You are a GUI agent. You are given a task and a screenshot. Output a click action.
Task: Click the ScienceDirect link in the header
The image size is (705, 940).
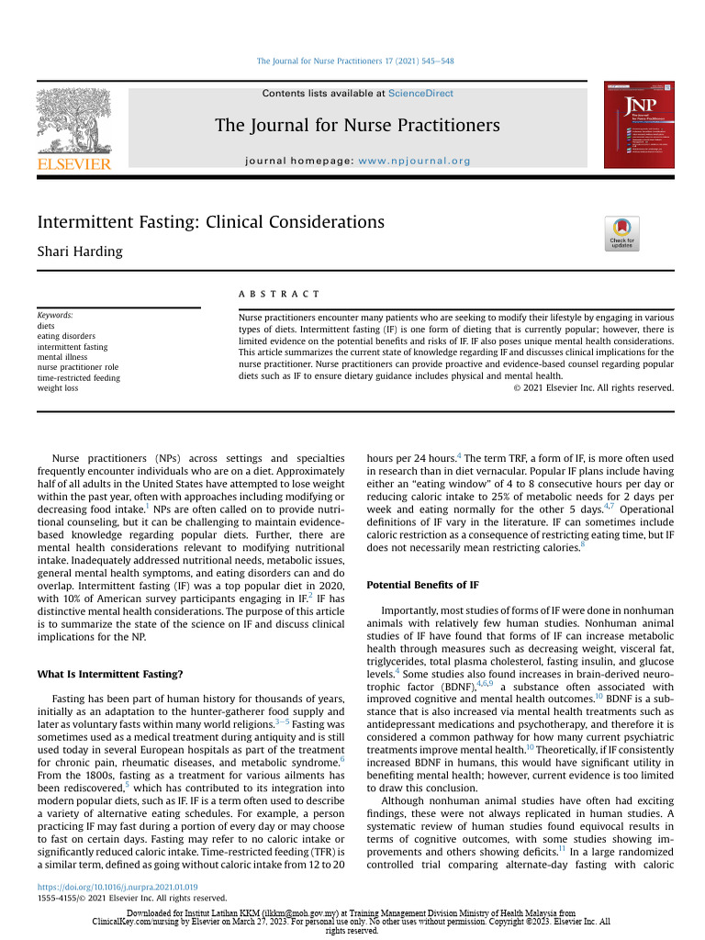pyautogui.click(x=420, y=94)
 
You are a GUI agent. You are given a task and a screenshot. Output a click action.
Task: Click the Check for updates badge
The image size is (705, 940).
pyautogui.click(x=621, y=233)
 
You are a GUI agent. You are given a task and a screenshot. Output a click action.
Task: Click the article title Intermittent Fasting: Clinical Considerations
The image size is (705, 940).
pyautogui.click(x=210, y=222)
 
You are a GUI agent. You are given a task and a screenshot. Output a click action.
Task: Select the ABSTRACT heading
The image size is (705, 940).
pyautogui.click(x=278, y=294)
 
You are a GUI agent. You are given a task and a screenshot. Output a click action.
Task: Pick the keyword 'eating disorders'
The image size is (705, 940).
pyautogui.click(x=66, y=336)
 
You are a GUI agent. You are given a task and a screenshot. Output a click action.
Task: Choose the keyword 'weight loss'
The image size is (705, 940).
pyautogui.click(x=58, y=388)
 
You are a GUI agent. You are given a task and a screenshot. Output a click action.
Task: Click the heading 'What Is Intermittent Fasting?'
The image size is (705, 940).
pyautogui.click(x=109, y=674)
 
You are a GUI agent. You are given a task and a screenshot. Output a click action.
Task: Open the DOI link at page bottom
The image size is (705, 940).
pyautogui.click(x=117, y=888)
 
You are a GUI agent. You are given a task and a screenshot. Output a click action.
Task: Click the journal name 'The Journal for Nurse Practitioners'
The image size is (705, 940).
pyautogui.click(x=357, y=126)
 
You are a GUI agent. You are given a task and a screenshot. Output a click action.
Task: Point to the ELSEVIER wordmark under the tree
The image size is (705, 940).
pyautogui.click(x=73, y=164)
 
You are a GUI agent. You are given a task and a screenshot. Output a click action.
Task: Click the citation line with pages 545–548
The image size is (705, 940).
pyautogui.click(x=354, y=62)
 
